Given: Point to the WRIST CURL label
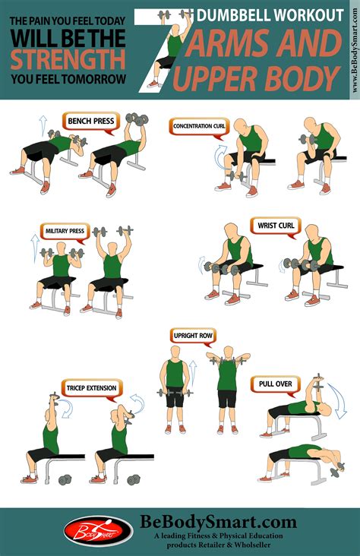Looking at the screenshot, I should click(276, 226).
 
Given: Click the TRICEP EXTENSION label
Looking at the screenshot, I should click(91, 388).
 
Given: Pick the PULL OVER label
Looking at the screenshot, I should click(276, 384).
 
